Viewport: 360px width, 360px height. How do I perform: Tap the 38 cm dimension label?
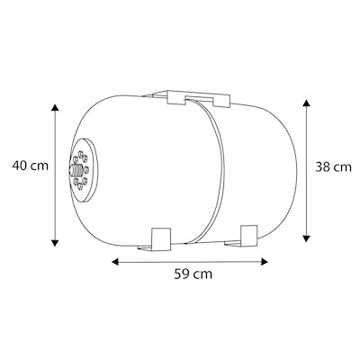point(334,166)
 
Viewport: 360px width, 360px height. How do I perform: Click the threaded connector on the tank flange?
point(75,167)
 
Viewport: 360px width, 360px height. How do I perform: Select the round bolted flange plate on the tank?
point(83,168)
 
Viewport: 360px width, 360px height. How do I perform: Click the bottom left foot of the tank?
point(160,238)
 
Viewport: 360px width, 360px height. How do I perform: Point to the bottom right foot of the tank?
point(247,236)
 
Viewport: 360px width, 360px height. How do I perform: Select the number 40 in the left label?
point(18,165)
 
